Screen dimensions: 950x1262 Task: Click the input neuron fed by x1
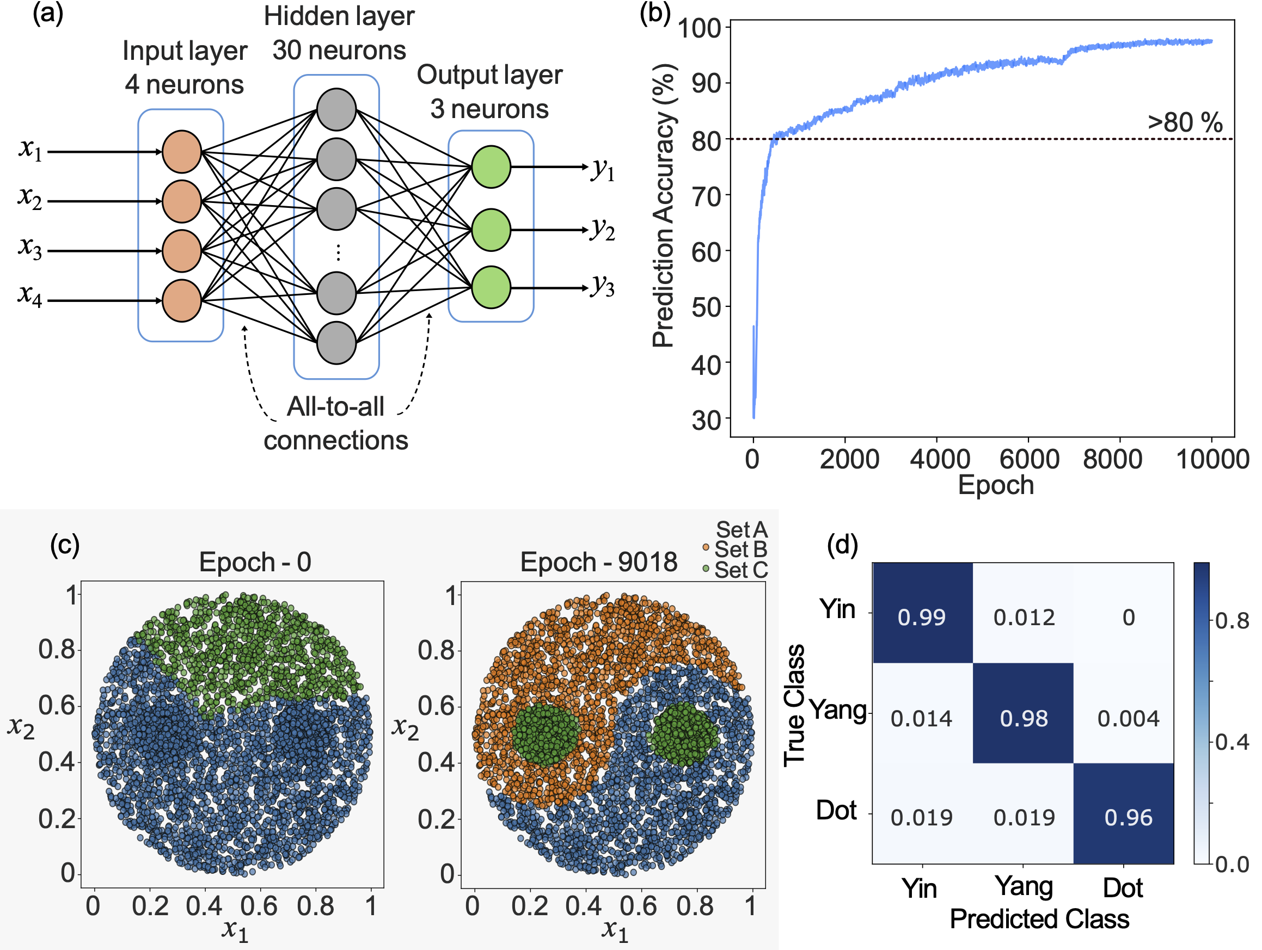[x=181, y=152]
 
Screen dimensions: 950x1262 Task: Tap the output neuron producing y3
[x=491, y=287]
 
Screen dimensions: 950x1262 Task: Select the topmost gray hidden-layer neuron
[x=336, y=109]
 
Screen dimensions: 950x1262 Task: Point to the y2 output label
[x=603, y=230]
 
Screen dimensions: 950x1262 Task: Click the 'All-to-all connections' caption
[x=335, y=423]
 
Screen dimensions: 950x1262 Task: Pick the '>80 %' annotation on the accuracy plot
[x=1185, y=122]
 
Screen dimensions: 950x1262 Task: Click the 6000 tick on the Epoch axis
[x=1029, y=459]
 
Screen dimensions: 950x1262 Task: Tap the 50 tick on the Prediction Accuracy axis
[x=706, y=308]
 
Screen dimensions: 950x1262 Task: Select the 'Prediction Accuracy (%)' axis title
[x=664, y=206]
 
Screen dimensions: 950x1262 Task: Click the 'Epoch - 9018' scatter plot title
[x=598, y=562]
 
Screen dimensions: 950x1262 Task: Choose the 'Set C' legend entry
[x=740, y=570]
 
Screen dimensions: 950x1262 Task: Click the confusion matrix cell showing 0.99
[x=921, y=618]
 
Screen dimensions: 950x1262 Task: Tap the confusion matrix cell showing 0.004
[x=1128, y=719]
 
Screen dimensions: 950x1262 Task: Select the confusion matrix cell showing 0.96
[x=1128, y=818]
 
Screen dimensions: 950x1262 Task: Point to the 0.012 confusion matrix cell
[x=1024, y=618]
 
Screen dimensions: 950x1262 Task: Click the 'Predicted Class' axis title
[x=1039, y=919]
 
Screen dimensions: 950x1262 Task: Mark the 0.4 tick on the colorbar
[x=1232, y=743]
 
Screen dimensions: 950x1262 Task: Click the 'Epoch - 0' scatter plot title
[x=255, y=562]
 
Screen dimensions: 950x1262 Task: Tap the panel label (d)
[x=842, y=545]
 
